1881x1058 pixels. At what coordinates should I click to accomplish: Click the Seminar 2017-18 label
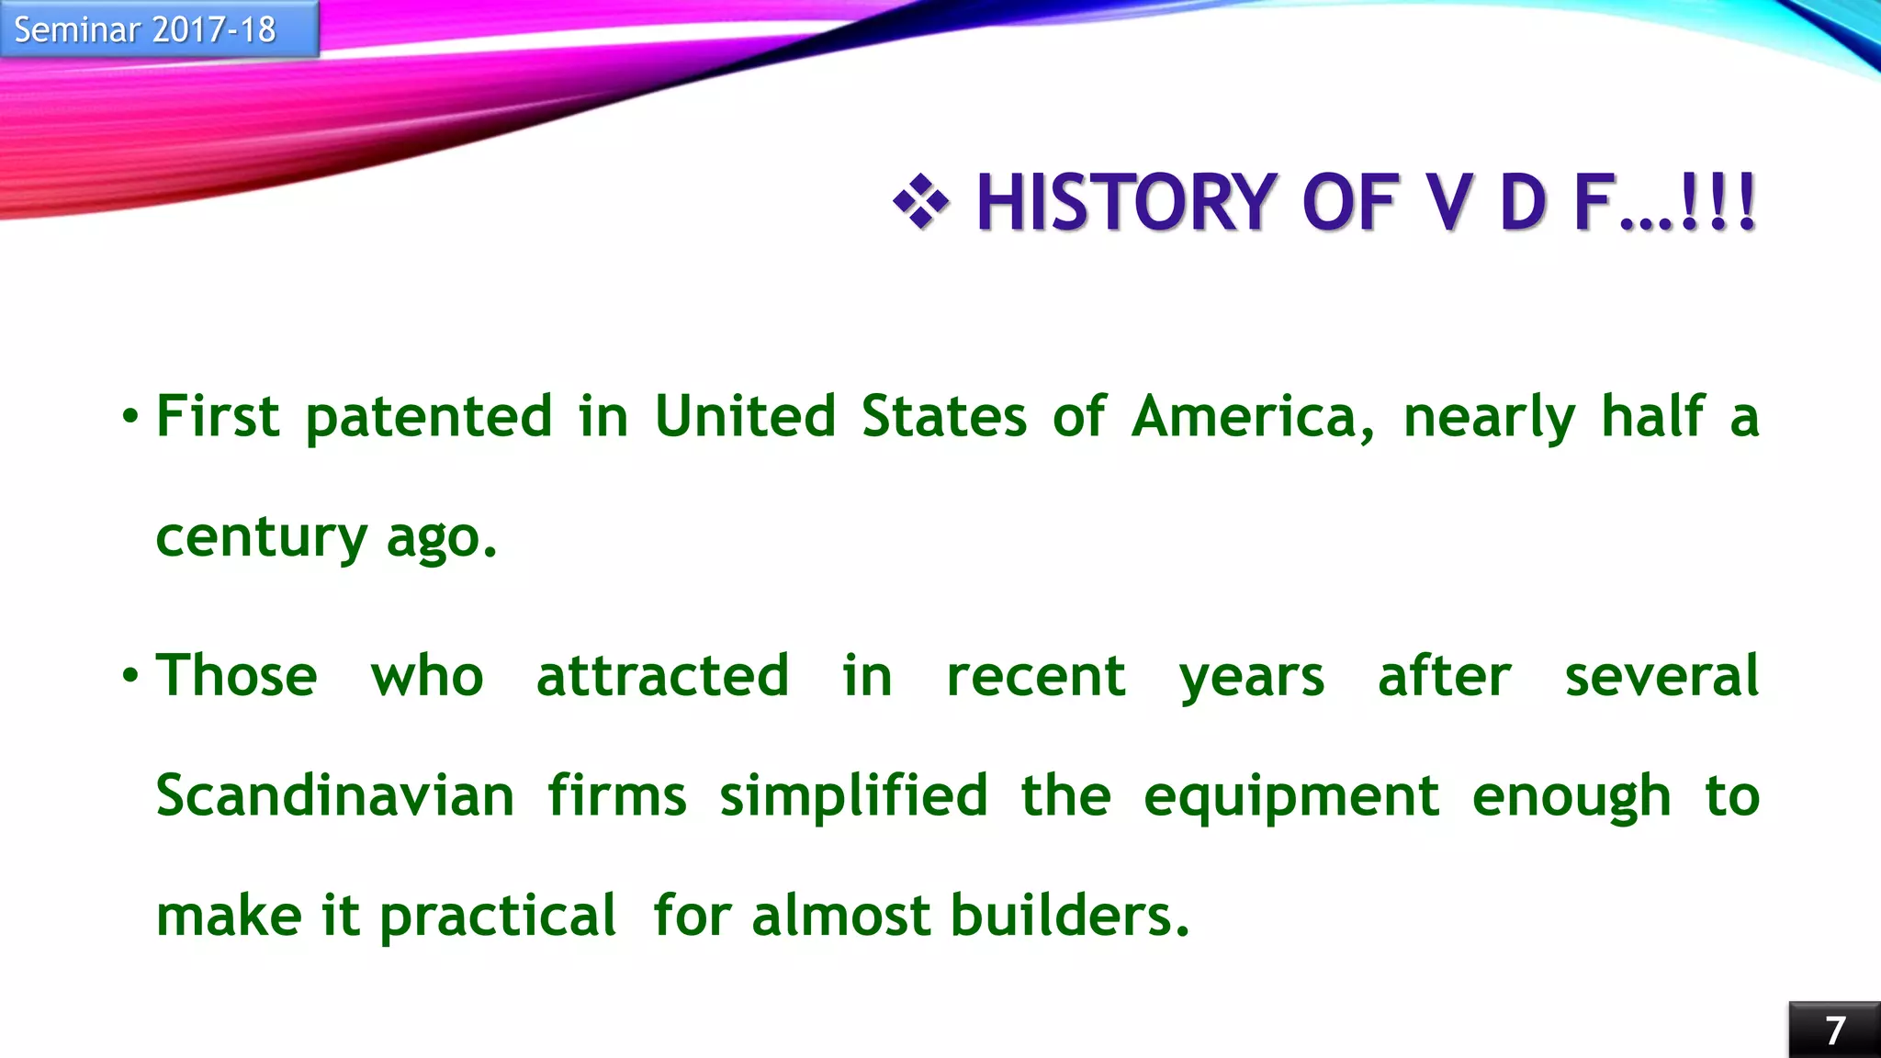[145, 30]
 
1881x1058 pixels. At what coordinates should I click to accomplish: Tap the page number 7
[1834, 1030]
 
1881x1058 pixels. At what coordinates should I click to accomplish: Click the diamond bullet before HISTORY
[920, 201]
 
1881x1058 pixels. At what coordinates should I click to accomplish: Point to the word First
[218, 416]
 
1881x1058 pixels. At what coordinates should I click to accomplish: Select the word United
[745, 416]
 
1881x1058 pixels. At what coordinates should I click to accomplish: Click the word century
[262, 538]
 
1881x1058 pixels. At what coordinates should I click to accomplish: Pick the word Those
[237, 676]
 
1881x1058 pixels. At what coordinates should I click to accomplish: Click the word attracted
[662, 676]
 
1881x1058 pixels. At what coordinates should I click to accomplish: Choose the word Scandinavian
[335, 795]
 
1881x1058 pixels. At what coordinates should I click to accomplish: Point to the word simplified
[853, 795]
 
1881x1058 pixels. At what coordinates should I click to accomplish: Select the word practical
[498, 917]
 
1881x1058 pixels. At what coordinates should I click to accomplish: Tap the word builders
[1069, 916]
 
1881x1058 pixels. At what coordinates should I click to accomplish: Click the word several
[1661, 676]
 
